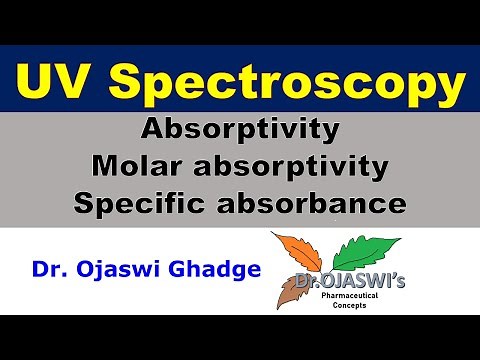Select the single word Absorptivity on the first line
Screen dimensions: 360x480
point(240,130)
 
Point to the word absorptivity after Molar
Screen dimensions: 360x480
point(292,167)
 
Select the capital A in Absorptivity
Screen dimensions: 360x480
point(153,130)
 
